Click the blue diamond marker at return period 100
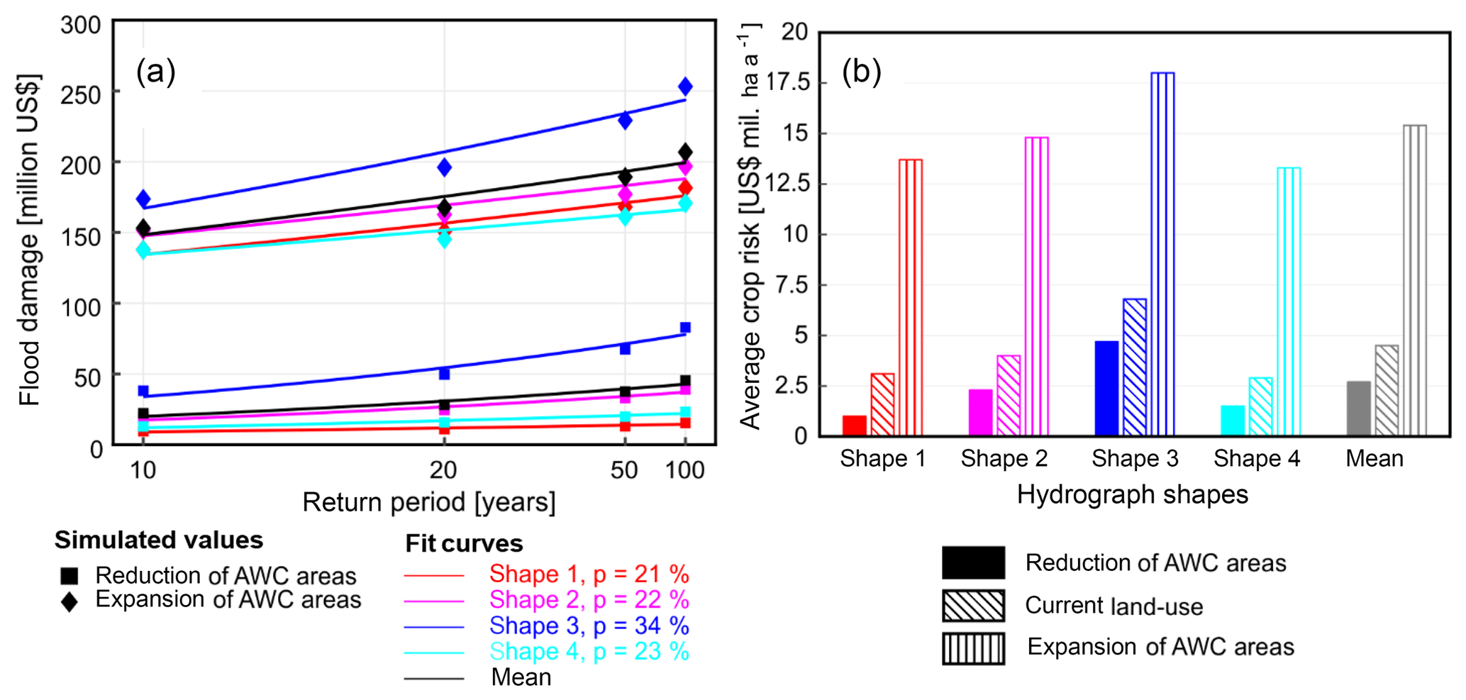(x=685, y=87)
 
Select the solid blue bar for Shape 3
(x=1106, y=388)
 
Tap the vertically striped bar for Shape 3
(x=1162, y=254)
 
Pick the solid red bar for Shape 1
(x=854, y=426)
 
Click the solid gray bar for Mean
(x=1358, y=409)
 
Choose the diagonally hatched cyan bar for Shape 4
(x=1260, y=406)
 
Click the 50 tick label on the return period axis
(x=624, y=470)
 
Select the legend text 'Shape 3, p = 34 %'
(x=589, y=626)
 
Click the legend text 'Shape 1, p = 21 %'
(x=589, y=574)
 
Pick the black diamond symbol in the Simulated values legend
(x=70, y=601)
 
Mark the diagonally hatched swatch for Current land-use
(x=973, y=606)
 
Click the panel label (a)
(x=155, y=72)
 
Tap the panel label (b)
(x=861, y=72)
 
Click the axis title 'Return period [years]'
(x=428, y=502)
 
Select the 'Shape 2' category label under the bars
(x=1004, y=459)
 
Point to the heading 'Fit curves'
(x=464, y=543)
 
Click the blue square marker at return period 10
(x=143, y=391)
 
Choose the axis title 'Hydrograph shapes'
(x=1132, y=494)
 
